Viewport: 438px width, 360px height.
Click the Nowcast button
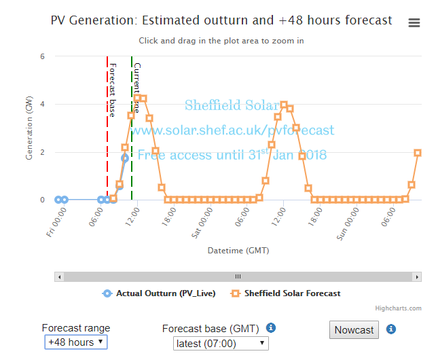(x=354, y=330)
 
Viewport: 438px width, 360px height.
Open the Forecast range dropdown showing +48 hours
(x=75, y=342)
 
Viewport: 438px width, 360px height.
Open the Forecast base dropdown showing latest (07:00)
(x=221, y=344)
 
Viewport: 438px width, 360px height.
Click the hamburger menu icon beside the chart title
(x=414, y=23)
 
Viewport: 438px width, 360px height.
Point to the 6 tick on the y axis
(x=42, y=57)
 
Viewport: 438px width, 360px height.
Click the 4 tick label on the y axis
(x=42, y=105)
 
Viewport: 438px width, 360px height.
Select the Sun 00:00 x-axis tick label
(x=348, y=223)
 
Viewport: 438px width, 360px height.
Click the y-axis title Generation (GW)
(x=29, y=128)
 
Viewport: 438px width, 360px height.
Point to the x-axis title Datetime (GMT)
(x=238, y=251)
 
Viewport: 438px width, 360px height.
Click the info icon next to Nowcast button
(x=391, y=329)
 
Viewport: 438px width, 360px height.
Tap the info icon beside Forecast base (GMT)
(x=271, y=328)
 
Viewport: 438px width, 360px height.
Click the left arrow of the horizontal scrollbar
(x=60, y=276)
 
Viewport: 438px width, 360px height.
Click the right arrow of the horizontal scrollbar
(x=417, y=276)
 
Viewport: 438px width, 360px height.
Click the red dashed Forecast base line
(x=107, y=136)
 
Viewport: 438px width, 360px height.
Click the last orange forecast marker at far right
(x=418, y=153)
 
